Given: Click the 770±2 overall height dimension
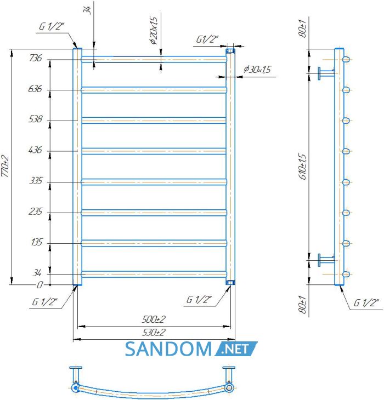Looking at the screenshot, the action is point(5,166).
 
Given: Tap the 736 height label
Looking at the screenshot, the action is point(35,58).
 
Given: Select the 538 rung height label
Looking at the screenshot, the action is point(35,119).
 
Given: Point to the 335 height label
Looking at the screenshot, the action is point(36,181).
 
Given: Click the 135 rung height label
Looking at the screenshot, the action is point(37,242).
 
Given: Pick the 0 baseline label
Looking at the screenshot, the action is point(39,285).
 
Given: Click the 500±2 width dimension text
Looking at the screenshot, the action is point(154,319).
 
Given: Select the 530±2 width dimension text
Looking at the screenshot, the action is point(154,332).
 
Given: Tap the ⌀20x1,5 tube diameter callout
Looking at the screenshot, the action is point(154,30).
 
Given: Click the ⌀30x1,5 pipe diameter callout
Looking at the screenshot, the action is point(257,69).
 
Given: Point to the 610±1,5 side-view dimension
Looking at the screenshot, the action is point(303,167).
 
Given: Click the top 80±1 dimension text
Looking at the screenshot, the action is point(303,28).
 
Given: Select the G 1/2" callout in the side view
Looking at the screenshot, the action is point(365,303).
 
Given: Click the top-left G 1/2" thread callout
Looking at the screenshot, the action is point(52,26).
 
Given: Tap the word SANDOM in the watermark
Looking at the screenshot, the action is point(168,348).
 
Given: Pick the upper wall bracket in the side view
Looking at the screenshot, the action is point(326,73).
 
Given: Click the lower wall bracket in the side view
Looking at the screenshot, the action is point(326,260).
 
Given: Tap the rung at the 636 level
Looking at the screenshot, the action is point(154,90).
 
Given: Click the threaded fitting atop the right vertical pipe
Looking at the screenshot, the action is point(230,51).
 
